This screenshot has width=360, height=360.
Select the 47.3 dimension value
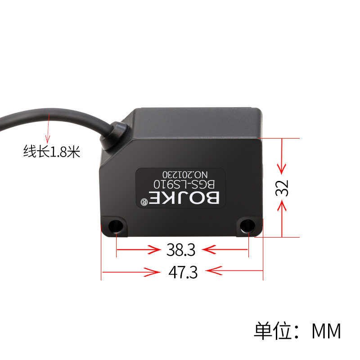point(183,272)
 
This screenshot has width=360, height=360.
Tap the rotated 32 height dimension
point(282,188)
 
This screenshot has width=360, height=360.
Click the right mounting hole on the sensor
point(247,225)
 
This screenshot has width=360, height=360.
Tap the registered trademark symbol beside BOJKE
point(144,201)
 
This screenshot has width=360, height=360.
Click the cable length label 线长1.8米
point(52,152)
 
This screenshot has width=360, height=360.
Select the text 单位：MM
point(297,331)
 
